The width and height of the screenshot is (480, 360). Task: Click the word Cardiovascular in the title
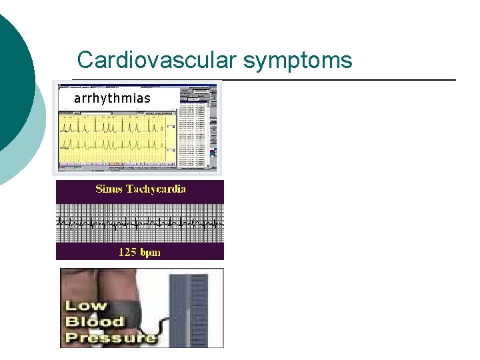(157, 60)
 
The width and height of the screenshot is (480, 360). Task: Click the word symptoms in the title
(297, 61)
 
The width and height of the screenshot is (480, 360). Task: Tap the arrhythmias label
(112, 99)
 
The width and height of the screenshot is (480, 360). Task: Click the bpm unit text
(151, 253)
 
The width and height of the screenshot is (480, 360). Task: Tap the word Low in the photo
(85, 307)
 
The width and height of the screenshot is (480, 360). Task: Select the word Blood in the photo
(95, 321)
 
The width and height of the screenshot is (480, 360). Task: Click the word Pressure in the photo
(110, 337)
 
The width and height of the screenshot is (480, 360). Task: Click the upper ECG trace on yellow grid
(110, 125)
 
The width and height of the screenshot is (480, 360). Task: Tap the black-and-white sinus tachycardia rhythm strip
(140, 221)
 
